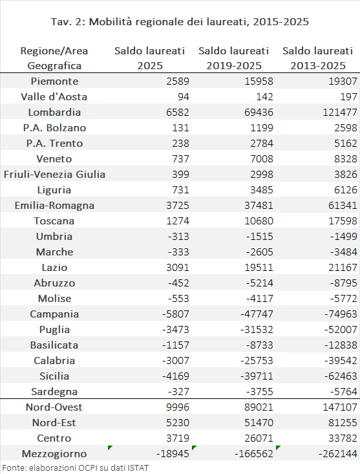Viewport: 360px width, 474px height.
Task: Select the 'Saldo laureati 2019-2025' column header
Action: point(233,58)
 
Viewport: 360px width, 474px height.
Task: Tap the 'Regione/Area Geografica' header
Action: point(54,58)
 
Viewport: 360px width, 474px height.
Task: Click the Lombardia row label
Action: point(54,113)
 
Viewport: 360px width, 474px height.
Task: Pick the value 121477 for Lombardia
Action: point(340,113)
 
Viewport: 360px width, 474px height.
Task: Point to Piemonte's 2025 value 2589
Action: point(178,81)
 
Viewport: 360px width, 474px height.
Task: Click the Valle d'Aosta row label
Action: point(54,97)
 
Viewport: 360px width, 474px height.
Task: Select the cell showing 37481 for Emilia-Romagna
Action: point(259,206)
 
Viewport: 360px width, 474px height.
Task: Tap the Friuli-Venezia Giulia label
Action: point(54,175)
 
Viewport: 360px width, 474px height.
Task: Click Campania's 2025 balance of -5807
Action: point(175,314)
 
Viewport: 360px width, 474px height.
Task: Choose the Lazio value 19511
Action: point(259,268)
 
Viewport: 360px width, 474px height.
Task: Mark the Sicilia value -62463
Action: point(341,376)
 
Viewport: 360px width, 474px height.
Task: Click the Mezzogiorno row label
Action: point(54,454)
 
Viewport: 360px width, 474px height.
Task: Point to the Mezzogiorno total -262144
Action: point(338,454)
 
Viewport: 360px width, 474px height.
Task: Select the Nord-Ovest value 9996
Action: point(178,407)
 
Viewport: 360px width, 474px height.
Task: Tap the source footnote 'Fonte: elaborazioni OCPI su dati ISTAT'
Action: point(76,468)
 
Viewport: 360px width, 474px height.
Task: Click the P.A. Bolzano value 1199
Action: point(262,128)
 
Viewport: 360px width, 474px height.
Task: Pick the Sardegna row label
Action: point(54,392)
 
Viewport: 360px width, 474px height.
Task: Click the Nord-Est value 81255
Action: point(343,423)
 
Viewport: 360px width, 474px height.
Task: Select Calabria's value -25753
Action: point(257,361)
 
